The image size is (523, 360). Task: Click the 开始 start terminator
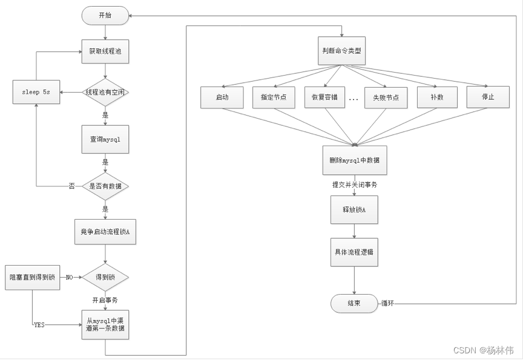(105, 15)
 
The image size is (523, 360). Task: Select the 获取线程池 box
(105, 51)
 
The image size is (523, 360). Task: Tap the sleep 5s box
(36, 92)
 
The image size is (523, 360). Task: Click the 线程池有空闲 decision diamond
(105, 92)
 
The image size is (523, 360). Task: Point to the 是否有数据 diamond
(105, 186)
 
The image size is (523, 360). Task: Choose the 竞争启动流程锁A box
(105, 232)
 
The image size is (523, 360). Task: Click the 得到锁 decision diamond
(105, 277)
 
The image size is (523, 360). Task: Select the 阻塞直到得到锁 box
(32, 277)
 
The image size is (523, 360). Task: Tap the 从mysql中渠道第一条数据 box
(105, 325)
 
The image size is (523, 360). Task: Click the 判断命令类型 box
(341, 51)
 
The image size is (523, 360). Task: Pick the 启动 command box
(222, 97)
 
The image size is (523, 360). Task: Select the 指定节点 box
(273, 97)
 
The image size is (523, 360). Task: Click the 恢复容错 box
(324, 97)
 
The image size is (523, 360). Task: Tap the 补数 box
(436, 97)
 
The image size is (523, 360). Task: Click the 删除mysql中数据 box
(354, 160)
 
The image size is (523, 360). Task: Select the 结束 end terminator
(354, 303)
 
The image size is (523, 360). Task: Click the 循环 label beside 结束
(387, 303)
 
